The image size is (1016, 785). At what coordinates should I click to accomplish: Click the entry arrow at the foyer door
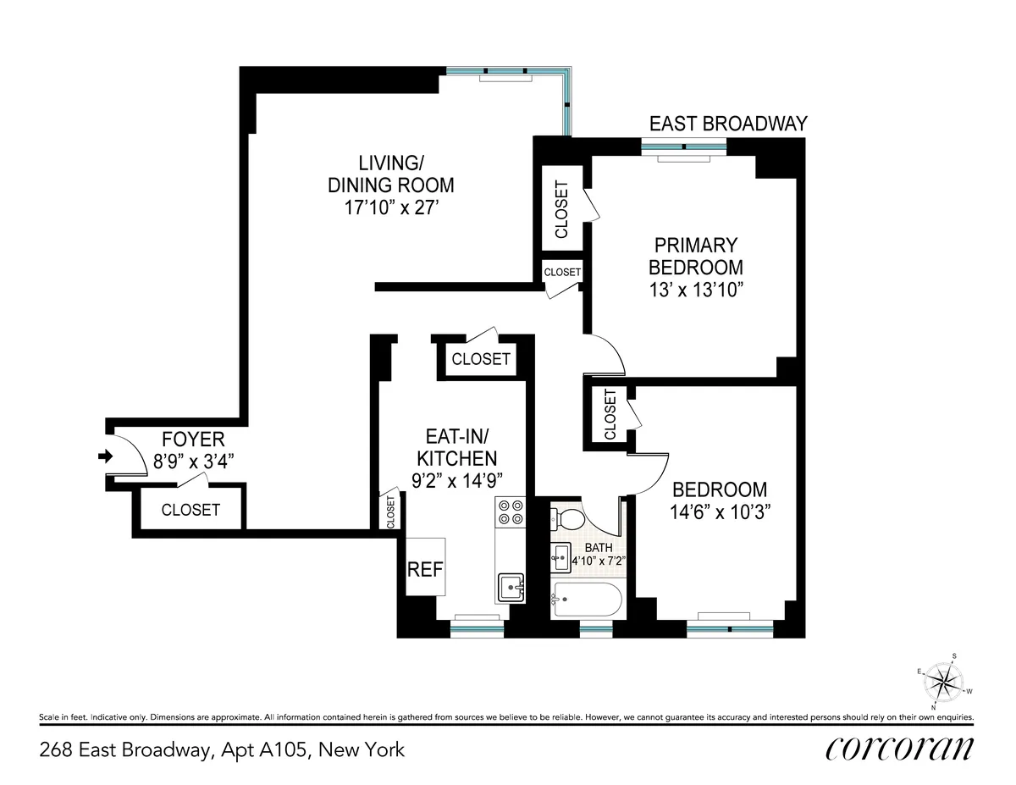click(106, 456)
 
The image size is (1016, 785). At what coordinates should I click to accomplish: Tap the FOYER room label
click(193, 439)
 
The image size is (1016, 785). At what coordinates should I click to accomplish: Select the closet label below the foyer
click(190, 510)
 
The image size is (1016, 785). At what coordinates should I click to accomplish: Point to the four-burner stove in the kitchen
click(510, 513)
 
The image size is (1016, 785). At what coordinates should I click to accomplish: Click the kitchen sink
click(510, 584)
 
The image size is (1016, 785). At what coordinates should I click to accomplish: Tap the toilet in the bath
click(569, 518)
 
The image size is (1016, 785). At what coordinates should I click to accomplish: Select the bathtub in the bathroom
click(586, 600)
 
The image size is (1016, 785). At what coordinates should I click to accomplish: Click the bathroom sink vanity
click(560, 556)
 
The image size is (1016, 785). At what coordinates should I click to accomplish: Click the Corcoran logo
click(898, 749)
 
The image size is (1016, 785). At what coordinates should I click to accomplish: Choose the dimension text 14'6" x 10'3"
click(719, 511)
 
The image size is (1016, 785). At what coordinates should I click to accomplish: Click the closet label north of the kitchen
click(481, 359)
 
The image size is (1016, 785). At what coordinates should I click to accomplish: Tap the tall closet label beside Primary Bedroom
click(561, 209)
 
